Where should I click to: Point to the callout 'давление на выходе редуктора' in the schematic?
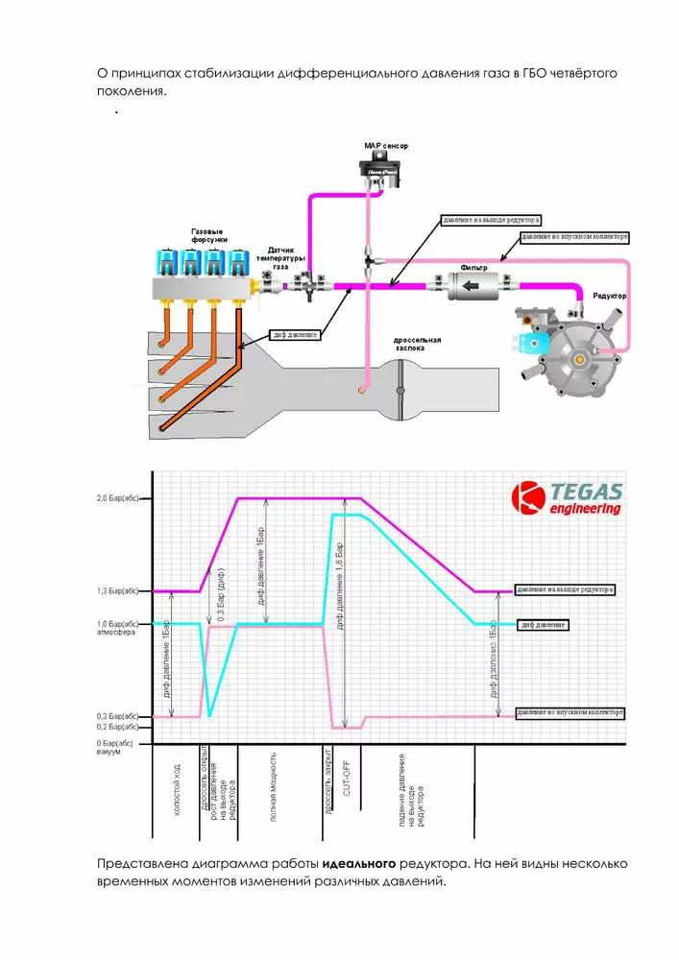click(493, 220)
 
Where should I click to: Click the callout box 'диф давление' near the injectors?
click(296, 335)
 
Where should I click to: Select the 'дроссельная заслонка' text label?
click(418, 345)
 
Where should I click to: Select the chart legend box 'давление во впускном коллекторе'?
click(570, 712)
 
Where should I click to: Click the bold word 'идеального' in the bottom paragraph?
click(359, 862)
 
